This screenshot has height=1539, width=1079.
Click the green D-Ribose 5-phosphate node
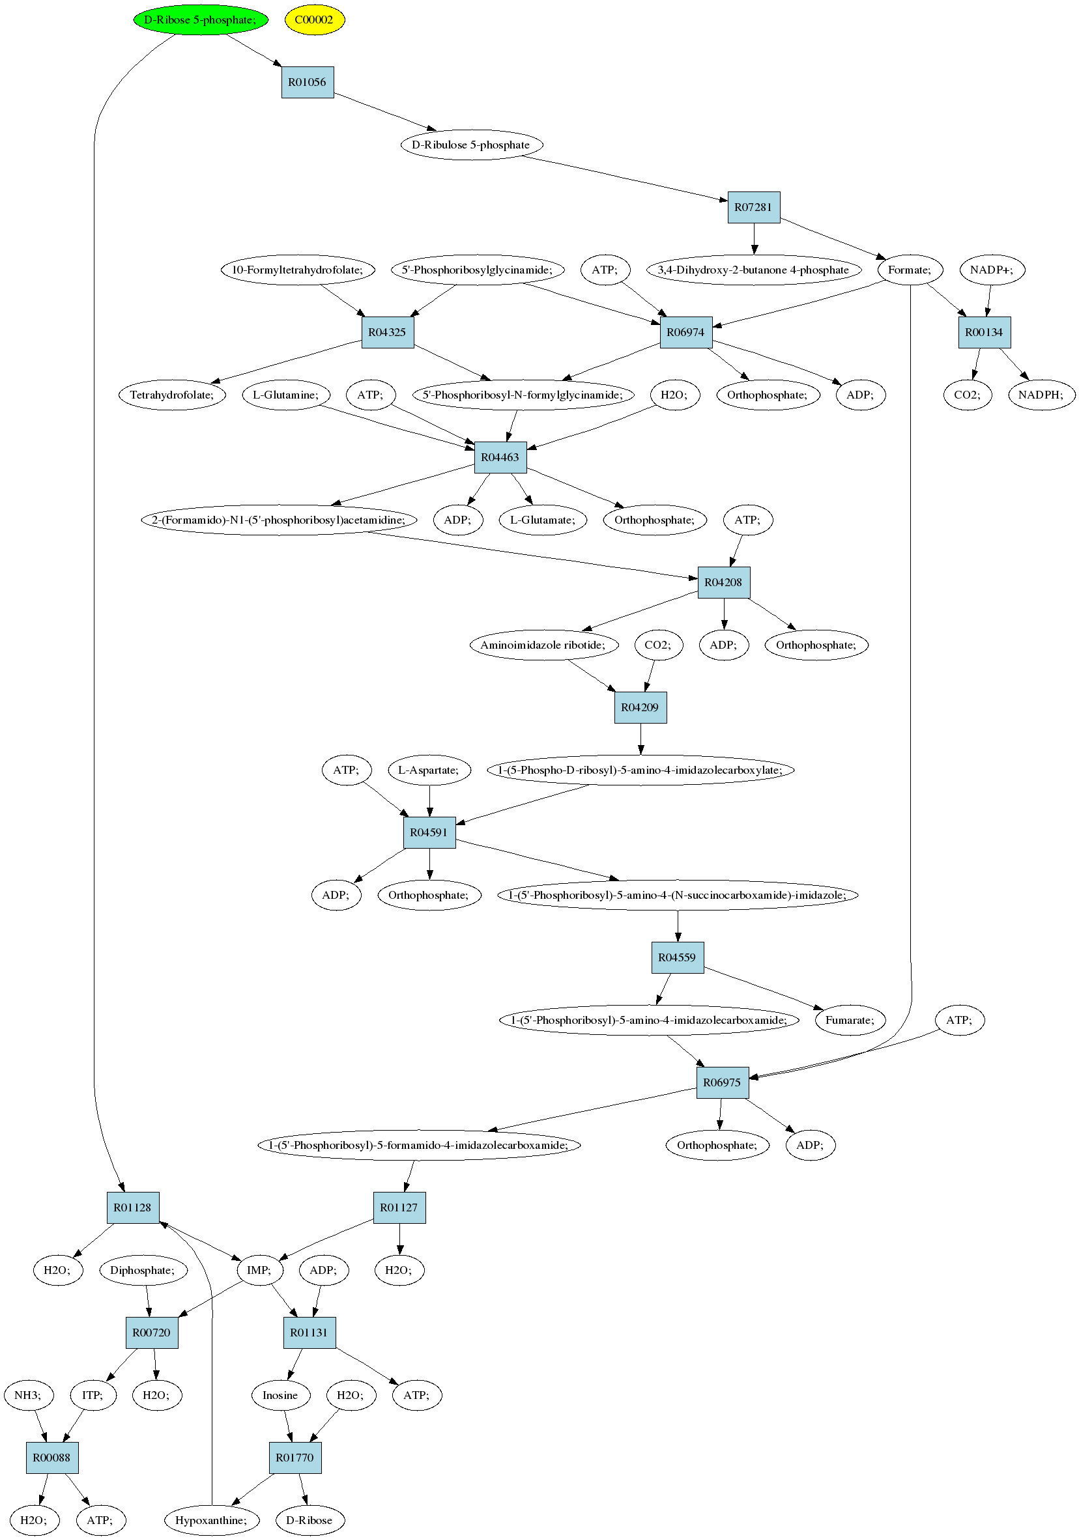coord(201,20)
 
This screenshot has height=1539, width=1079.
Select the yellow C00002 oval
coord(315,20)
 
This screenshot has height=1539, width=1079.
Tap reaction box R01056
coord(307,83)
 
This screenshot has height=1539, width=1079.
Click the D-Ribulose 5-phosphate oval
coord(472,145)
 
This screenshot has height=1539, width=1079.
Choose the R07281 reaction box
coord(754,207)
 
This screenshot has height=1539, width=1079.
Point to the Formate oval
coord(910,270)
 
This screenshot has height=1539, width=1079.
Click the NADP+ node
coord(992,270)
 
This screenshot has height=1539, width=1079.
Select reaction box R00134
coord(984,332)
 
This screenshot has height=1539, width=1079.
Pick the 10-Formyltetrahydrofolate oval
coord(297,270)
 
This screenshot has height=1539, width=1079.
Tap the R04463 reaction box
coord(500,457)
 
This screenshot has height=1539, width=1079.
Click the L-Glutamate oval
coord(543,520)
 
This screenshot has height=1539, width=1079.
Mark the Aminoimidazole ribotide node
coord(543,645)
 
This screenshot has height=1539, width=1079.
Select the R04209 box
coord(640,707)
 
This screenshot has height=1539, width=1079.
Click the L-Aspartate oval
coord(429,770)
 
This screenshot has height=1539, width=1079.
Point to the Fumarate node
coord(850,1020)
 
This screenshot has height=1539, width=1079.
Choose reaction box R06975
coord(722,1082)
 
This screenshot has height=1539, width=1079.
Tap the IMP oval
coord(259,1270)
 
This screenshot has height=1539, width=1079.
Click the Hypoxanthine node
coord(211,1520)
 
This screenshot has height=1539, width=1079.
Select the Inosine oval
coord(280,1395)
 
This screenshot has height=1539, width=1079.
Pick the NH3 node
coord(28,1395)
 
